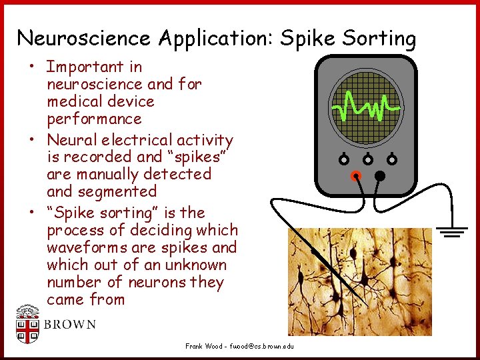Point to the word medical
[75, 101]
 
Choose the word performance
[94, 119]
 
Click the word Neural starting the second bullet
[70, 140]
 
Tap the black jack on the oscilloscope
[380, 176]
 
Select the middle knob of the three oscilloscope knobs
[368, 159]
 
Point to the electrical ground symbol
[453, 232]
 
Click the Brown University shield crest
[27, 325]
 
